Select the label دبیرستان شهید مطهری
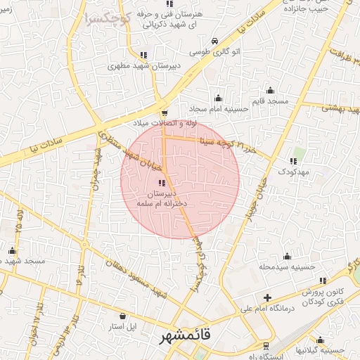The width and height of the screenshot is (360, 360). (x=143, y=66)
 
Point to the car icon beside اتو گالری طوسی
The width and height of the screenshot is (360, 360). (x=214, y=41)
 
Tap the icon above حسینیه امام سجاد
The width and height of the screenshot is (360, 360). (x=218, y=98)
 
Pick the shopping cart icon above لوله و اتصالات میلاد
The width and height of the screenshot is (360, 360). (x=164, y=112)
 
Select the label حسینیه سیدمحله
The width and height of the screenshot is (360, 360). (x=285, y=266)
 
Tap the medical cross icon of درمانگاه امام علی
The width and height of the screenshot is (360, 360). (x=267, y=298)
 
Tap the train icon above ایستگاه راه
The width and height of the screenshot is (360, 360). (x=266, y=345)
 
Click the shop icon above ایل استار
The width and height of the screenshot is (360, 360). (x=123, y=316)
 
